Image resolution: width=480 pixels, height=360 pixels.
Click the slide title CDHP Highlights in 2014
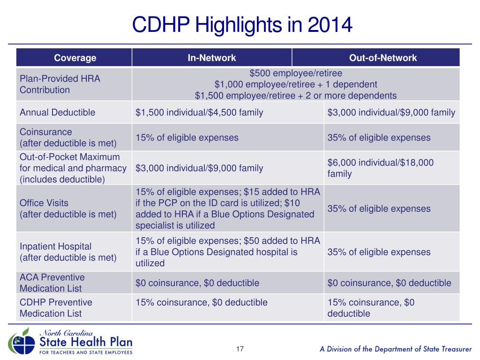tap(242, 25)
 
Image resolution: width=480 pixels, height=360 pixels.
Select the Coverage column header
tap(75, 58)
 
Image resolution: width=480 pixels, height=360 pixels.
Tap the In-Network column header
tap(212, 58)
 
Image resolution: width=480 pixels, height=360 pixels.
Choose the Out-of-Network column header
tap(383, 58)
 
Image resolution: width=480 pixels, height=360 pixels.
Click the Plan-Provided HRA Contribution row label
tap(60, 84)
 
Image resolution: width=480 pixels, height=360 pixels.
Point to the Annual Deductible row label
tap(58, 112)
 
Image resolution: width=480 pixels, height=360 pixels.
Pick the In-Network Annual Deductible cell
tap(199, 112)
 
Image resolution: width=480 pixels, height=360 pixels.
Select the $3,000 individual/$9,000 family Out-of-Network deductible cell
tap(391, 112)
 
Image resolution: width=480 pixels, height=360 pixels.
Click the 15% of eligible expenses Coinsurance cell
tap(187, 137)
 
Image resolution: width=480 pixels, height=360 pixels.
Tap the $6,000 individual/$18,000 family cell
tap(381, 168)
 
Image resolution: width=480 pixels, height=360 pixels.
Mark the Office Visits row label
tap(68, 209)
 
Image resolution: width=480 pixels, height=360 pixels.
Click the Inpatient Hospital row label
tap(68, 252)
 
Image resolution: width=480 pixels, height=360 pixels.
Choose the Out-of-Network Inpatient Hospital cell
tap(379, 252)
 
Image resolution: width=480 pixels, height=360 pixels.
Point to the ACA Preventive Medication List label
tap(52, 283)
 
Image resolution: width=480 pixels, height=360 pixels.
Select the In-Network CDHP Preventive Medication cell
tap(202, 302)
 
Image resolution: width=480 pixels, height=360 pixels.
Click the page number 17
tap(240, 349)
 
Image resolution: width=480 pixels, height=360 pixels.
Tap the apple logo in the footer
tap(22, 342)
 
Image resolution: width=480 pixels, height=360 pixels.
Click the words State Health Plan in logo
tap(86, 342)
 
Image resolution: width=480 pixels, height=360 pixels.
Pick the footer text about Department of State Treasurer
tap(396, 349)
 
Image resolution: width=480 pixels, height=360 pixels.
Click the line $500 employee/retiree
tap(296, 73)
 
